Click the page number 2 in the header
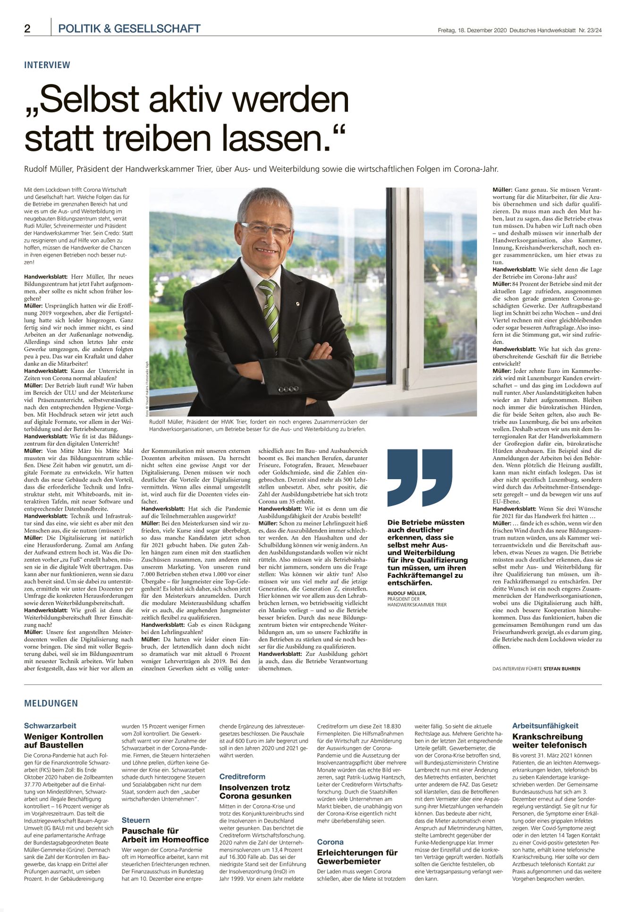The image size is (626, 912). click(27, 29)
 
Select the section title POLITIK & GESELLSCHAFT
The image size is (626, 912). click(129, 29)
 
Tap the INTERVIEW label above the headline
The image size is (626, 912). click(47, 65)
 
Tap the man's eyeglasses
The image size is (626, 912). click(266, 229)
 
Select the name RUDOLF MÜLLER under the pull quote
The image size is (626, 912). click(406, 593)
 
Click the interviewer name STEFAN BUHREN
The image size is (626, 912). click(562, 668)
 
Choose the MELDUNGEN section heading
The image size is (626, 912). click(51, 703)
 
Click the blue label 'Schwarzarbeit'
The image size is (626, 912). click(50, 726)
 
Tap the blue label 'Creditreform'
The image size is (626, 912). click(242, 777)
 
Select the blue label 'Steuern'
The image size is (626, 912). click(135, 820)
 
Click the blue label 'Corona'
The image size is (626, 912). click(330, 842)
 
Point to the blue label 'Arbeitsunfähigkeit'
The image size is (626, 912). click(545, 726)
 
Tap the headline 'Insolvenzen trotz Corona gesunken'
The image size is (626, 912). click(255, 792)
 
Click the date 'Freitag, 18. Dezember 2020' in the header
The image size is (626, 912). click(472, 30)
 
